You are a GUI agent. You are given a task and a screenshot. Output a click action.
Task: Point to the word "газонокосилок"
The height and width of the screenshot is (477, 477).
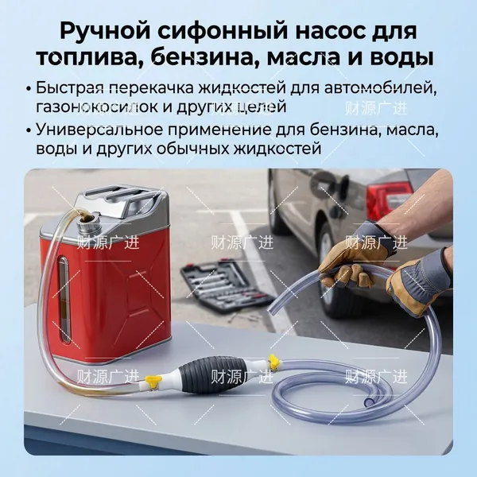[x=97, y=107]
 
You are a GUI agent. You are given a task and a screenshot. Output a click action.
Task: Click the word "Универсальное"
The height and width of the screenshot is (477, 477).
[x=99, y=130]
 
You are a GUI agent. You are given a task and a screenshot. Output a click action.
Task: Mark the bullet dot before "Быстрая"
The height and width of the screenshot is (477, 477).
[x=29, y=89]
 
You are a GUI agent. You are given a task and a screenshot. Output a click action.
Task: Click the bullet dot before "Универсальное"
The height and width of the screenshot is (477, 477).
[x=29, y=130]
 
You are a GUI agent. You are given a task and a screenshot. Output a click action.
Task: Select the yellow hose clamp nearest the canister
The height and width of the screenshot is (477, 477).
[x=153, y=382]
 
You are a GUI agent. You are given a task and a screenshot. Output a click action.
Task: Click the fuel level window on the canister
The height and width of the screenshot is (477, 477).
[x=63, y=300]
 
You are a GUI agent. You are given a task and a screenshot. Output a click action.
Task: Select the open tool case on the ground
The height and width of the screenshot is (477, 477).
[x=226, y=285]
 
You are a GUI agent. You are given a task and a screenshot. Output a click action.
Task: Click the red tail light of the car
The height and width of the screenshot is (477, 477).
[x=385, y=198]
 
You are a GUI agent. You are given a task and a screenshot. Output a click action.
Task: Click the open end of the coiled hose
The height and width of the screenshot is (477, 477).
[x=369, y=401]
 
